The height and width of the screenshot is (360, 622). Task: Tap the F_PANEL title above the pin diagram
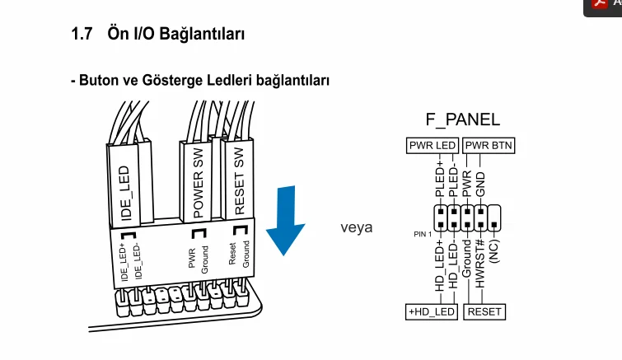[462, 119]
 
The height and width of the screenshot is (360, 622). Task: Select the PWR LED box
[433, 146]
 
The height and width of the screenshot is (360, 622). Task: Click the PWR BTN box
[489, 146]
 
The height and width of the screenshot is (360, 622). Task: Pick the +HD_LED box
[432, 312]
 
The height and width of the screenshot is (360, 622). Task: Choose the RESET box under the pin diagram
[484, 312]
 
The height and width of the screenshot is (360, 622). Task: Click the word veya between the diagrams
[357, 227]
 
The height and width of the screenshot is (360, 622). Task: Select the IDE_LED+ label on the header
[124, 263]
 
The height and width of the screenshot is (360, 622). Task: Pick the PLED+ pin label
[439, 179]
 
